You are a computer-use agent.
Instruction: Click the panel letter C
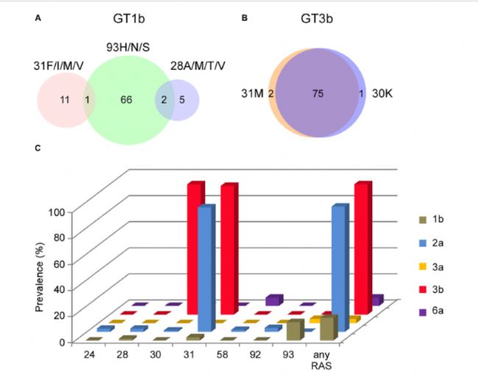(x=38, y=149)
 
